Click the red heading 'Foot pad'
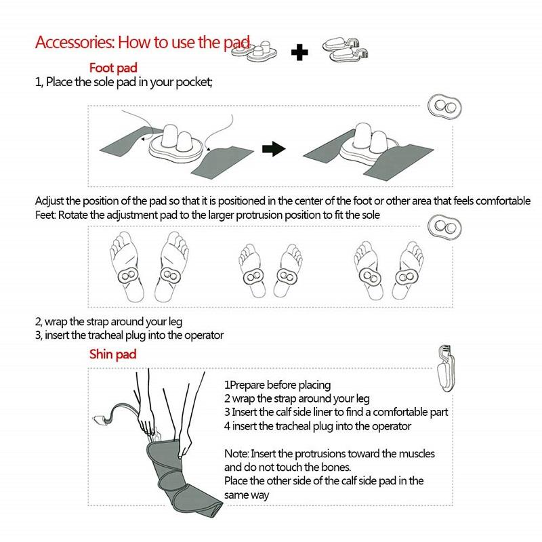(114, 68)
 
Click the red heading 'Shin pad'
(113, 354)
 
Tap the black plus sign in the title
(299, 51)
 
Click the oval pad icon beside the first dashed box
(445, 108)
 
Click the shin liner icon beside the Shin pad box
(444, 371)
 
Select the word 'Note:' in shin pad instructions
(236, 453)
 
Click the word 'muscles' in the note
(414, 453)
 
